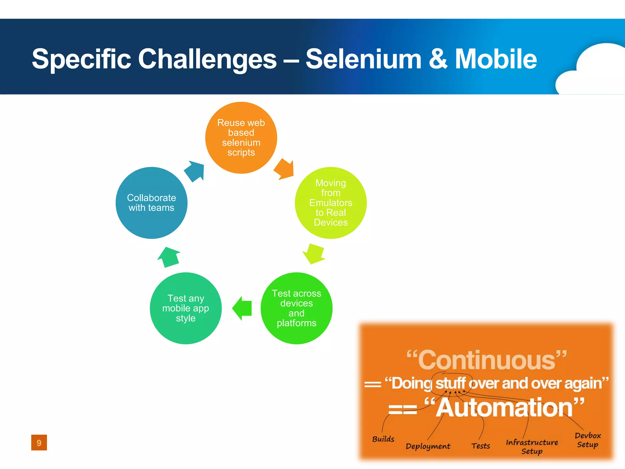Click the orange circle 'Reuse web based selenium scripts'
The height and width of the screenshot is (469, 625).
(241, 138)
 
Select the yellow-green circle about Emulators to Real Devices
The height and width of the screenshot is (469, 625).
(331, 203)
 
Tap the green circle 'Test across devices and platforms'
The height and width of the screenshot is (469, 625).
(296, 308)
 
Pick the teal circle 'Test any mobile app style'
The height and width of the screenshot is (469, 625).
(186, 308)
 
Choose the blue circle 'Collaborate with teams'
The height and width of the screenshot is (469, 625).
(151, 203)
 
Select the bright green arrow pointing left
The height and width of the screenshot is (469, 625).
(242, 308)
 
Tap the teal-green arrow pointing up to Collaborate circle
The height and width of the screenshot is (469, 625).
(169, 257)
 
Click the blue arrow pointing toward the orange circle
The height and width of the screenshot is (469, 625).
(195, 171)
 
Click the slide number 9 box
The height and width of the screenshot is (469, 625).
(39, 442)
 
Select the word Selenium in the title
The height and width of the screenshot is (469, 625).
(363, 59)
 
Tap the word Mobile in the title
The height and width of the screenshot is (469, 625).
(496, 59)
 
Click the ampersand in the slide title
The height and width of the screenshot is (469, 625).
(438, 59)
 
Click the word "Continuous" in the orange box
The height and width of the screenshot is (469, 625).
(487, 360)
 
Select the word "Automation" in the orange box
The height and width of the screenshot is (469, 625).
(504, 408)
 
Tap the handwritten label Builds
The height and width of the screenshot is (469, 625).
(383, 439)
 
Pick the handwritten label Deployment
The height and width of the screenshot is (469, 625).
(428, 446)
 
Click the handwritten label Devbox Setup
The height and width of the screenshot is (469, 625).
(587, 440)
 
